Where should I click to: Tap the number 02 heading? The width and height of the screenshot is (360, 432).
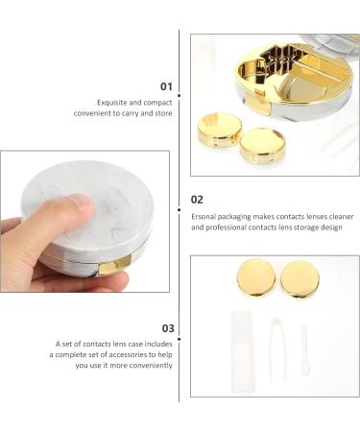pyautogui.click(x=198, y=200)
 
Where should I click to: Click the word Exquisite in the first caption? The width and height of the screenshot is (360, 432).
pyautogui.click(x=112, y=102)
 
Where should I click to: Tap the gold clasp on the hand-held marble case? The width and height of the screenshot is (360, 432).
pyautogui.click(x=115, y=266)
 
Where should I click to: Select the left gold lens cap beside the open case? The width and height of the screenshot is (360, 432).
pyautogui.click(x=219, y=130)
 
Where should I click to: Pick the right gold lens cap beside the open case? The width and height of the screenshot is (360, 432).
pyautogui.click(x=261, y=144)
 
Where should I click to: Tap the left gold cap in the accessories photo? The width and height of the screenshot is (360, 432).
pyautogui.click(x=254, y=278)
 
